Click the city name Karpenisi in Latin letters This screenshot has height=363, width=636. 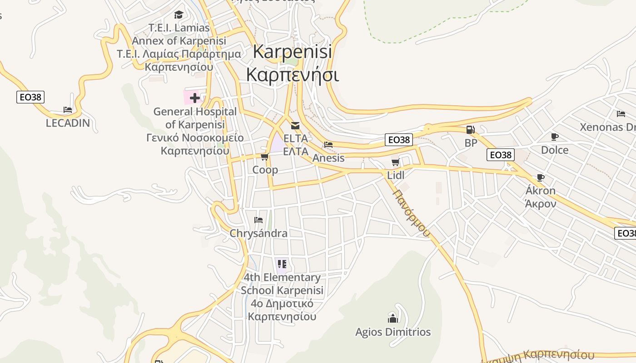[x=292, y=51]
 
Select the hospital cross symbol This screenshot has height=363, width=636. [x=195, y=98]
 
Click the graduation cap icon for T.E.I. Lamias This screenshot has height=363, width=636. [x=179, y=15]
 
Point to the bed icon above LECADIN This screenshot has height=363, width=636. [x=68, y=110]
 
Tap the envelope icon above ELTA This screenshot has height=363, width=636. [x=295, y=126]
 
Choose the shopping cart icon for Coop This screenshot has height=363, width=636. [x=264, y=157]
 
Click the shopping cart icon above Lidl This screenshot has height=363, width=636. [x=395, y=162]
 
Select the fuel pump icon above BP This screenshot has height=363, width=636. [x=471, y=130]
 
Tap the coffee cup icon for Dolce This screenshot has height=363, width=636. [x=554, y=137]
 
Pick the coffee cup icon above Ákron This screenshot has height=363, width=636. [x=540, y=177]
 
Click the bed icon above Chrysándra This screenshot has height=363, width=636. [x=258, y=220]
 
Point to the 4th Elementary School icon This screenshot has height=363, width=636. [x=282, y=264]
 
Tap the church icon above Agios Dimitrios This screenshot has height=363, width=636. [x=393, y=318]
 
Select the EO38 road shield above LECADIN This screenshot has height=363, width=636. [x=30, y=97]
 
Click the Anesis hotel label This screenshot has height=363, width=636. [x=328, y=158]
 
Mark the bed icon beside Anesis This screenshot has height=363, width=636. [x=328, y=145]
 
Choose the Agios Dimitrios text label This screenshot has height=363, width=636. [x=393, y=332]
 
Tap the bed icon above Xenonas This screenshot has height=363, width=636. [x=621, y=114]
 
